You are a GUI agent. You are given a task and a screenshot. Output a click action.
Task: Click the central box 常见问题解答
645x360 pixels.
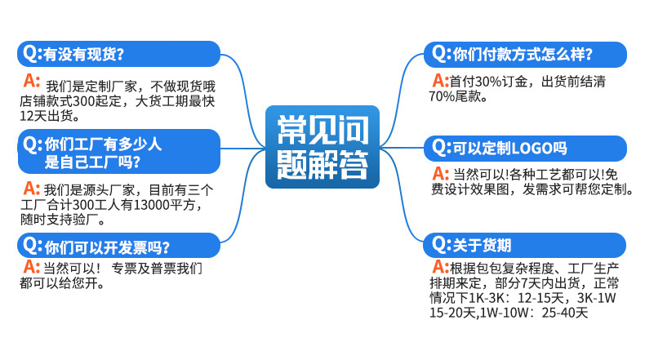[x=322, y=147]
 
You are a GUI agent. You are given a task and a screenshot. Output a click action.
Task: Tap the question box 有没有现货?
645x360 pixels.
[x=118, y=54]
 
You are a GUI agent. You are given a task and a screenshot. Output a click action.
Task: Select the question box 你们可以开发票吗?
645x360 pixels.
[x=118, y=247]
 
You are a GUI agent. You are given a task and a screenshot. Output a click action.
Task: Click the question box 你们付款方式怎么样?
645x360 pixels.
[x=525, y=55]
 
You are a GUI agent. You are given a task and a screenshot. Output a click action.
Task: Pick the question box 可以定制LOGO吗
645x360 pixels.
[x=525, y=148]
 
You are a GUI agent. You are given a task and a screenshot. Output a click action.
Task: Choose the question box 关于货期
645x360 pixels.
[x=525, y=245]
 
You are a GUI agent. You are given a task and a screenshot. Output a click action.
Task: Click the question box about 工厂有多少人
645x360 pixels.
[x=118, y=152]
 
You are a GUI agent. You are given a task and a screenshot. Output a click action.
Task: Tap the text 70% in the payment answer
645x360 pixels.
[x=442, y=96]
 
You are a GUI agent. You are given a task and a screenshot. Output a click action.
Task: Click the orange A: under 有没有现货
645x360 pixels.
[x=33, y=82]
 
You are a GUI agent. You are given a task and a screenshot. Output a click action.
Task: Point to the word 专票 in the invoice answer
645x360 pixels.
[x=126, y=269]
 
